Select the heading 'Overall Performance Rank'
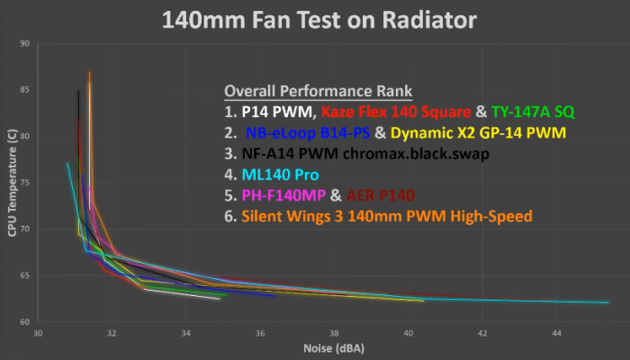point(318,92)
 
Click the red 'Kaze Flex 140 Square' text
point(395,112)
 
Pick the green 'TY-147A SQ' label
point(538,112)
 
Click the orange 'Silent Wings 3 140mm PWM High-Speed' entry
point(386,216)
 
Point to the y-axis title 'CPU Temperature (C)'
point(12,183)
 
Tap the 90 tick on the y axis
point(25,43)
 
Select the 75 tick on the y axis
point(25,183)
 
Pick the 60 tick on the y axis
point(25,322)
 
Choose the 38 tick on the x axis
point(334,334)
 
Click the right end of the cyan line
point(608,303)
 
